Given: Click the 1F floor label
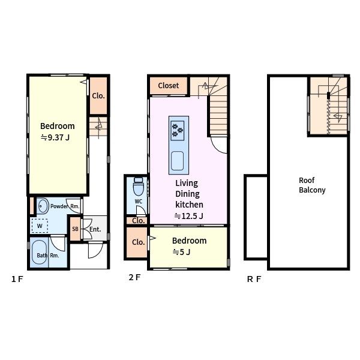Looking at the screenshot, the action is click(x=17, y=279).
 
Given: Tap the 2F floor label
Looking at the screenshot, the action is click(x=134, y=277).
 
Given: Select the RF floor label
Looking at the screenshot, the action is click(x=254, y=279).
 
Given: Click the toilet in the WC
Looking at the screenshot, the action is click(x=139, y=186).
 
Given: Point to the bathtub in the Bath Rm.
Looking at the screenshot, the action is click(x=39, y=253).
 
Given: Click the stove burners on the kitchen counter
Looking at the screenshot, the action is click(x=178, y=130).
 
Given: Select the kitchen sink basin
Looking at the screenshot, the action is click(x=178, y=161).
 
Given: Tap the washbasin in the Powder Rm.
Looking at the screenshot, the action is click(x=43, y=206).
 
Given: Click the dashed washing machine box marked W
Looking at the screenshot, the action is click(x=40, y=226).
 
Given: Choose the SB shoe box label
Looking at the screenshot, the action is click(x=76, y=229).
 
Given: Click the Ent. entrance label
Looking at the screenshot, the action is click(x=95, y=229).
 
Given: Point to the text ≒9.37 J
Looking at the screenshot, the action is click(x=55, y=137).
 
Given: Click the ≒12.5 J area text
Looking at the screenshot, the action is click(x=189, y=216).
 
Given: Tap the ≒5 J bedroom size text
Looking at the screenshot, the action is click(x=181, y=252).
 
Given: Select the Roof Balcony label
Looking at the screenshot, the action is click(x=312, y=185).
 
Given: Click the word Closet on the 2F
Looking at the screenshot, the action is click(x=168, y=86).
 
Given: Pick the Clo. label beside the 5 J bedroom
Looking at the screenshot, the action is click(x=138, y=242).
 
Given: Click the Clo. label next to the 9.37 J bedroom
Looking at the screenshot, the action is click(x=98, y=96).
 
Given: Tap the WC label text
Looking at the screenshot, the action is click(x=139, y=202).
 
